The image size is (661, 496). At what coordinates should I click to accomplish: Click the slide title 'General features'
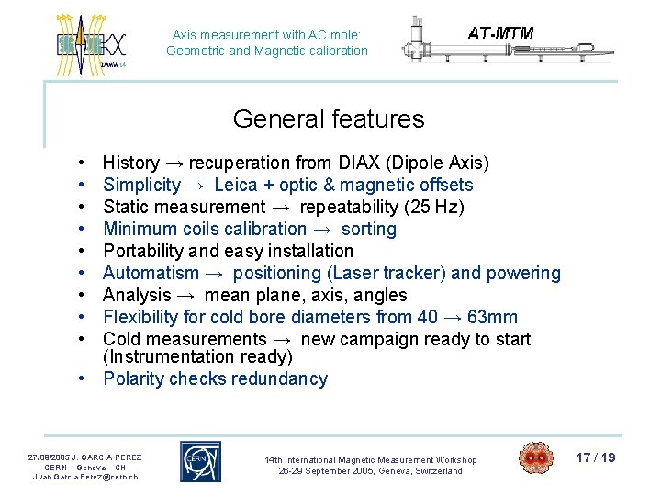(329, 119)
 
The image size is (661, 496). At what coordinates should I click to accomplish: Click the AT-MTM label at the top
(500, 34)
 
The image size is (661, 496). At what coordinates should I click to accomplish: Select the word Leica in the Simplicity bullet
(236, 185)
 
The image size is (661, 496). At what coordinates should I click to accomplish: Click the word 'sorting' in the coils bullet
(368, 229)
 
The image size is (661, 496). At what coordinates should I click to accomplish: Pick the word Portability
(146, 251)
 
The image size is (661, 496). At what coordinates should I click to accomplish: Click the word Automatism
(151, 273)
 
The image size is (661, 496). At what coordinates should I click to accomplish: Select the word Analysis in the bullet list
(137, 295)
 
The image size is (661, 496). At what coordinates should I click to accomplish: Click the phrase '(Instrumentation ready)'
(197, 356)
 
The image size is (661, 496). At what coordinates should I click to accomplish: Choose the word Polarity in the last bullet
(135, 378)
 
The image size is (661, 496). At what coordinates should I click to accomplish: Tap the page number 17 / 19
(597, 457)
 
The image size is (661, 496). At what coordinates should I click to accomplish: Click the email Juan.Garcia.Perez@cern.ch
(84, 477)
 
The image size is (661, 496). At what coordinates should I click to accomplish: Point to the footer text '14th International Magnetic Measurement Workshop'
(370, 459)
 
